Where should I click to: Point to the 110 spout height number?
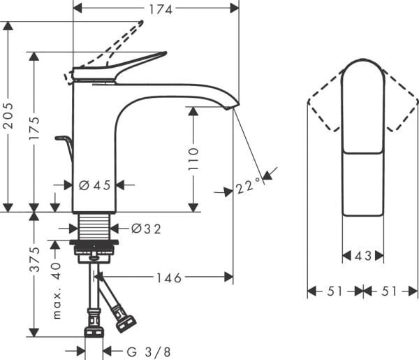coord(194,159)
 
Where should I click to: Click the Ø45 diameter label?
coord(94,185)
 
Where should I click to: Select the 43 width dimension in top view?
coord(362,257)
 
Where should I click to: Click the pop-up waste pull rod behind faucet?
coord(66,146)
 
